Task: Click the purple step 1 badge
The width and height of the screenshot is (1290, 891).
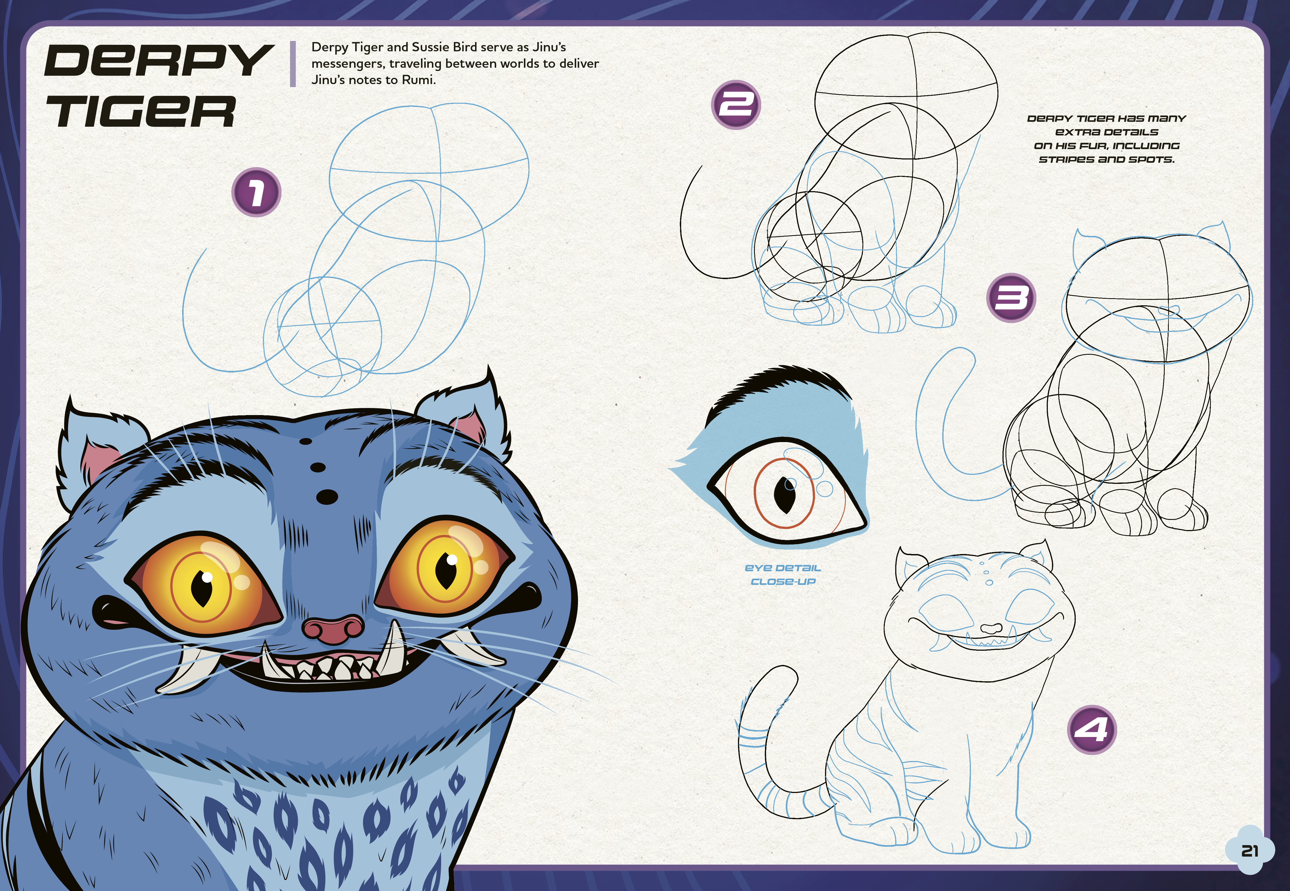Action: pos(256,193)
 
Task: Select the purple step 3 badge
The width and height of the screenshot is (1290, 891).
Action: pos(1012,298)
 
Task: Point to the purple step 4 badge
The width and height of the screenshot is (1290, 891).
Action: pos(1092,730)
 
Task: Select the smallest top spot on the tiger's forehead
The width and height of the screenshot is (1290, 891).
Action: pos(305,442)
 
